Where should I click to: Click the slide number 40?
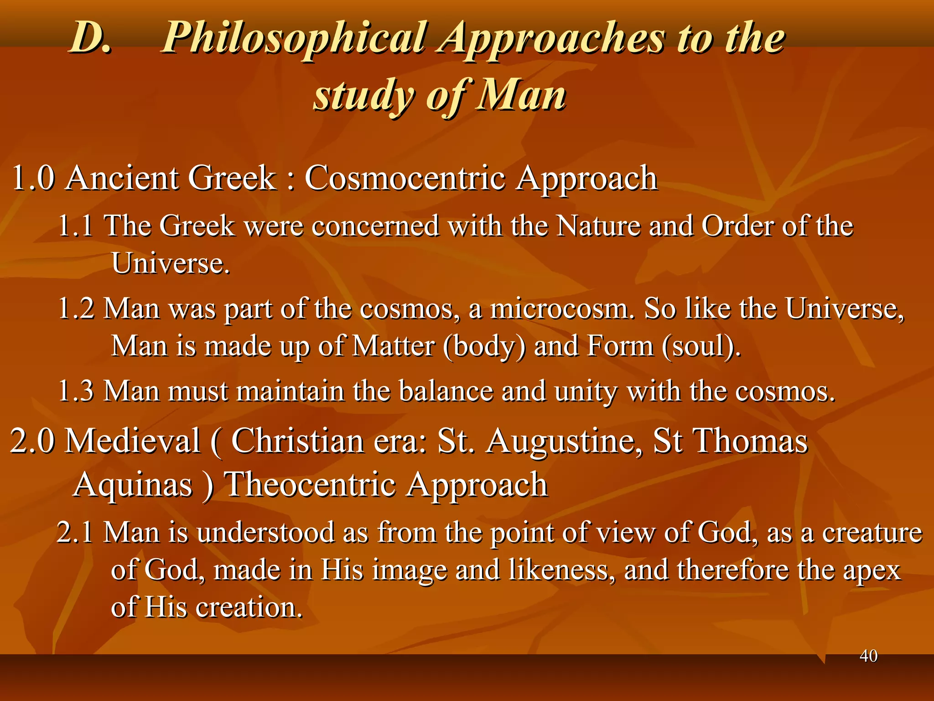868,656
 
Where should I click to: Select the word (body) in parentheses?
484,346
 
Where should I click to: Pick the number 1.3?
76,392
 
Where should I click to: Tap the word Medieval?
133,441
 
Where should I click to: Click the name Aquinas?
133,485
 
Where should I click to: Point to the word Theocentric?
310,485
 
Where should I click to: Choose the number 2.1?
75,533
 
